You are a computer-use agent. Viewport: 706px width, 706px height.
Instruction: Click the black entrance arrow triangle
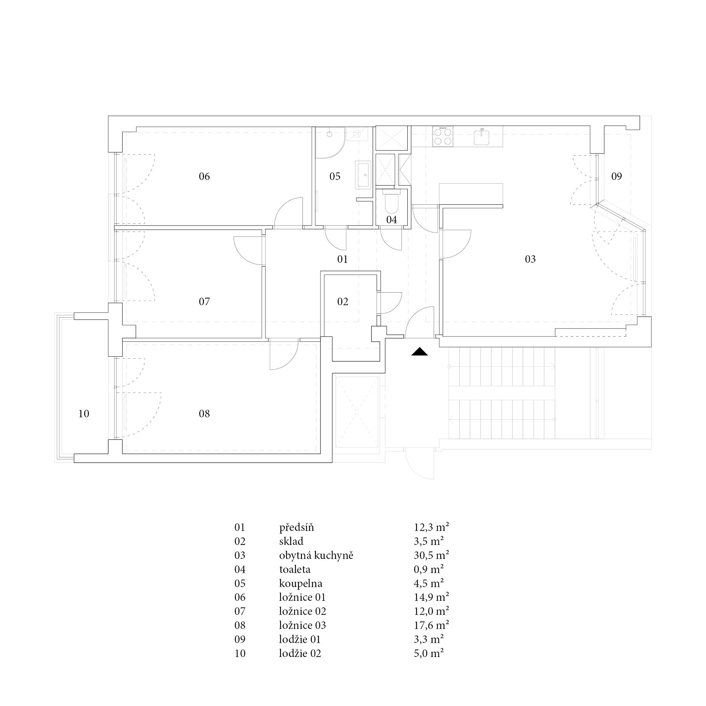point(420,351)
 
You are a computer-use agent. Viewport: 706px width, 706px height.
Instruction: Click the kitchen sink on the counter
point(482,137)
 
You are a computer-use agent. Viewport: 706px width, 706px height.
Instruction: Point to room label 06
point(204,176)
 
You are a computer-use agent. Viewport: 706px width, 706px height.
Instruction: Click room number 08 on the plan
point(204,414)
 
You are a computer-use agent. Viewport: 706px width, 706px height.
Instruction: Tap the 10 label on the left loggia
point(84,414)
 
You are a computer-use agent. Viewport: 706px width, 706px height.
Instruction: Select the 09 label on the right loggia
point(617,176)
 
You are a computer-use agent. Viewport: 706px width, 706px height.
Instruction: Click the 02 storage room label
point(343,301)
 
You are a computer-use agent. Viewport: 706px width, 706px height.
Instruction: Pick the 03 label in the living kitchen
point(530,259)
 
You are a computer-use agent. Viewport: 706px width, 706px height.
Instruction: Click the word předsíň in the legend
point(296,527)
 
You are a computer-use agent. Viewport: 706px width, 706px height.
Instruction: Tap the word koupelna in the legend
point(301,583)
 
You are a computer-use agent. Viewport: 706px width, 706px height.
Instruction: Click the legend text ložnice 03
point(302,625)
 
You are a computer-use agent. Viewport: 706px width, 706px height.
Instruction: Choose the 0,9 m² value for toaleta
point(428,569)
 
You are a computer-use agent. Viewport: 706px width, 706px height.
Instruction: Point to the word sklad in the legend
point(291,541)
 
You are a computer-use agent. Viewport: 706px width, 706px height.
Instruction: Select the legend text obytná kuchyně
point(316,556)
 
